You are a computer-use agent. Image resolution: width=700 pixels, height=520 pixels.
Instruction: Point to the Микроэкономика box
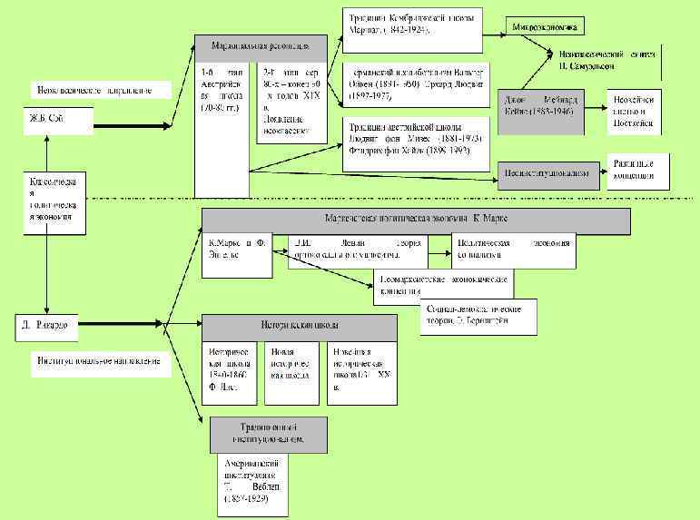click(x=545, y=25)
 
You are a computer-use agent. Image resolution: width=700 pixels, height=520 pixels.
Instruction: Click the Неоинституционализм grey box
click(x=550, y=172)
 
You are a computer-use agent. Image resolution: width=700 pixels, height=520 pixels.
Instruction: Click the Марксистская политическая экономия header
click(x=415, y=221)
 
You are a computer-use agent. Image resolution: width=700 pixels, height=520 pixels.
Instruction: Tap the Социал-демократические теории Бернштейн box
click(x=478, y=315)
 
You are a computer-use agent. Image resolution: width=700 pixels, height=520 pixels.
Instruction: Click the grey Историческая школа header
click(x=299, y=327)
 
